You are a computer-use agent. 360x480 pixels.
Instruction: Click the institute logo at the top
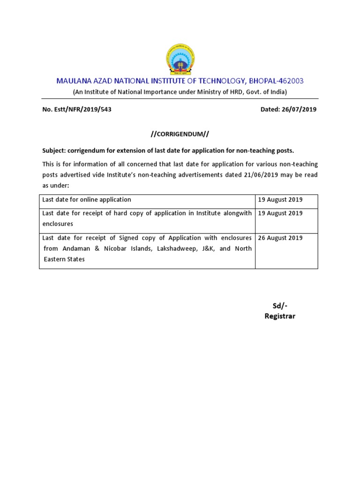(x=180, y=60)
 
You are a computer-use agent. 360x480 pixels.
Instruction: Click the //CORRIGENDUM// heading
(x=180, y=134)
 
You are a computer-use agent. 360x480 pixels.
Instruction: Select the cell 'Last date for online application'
(x=87, y=200)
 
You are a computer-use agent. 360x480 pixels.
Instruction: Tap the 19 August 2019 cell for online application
(x=280, y=200)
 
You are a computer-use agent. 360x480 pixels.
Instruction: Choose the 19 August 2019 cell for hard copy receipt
(x=280, y=213)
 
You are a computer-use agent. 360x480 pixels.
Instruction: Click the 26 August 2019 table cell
(x=280, y=238)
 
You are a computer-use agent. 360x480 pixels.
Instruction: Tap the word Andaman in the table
(x=76, y=248)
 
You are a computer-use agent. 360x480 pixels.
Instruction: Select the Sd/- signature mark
(x=280, y=306)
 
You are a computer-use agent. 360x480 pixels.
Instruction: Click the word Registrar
(x=280, y=316)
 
